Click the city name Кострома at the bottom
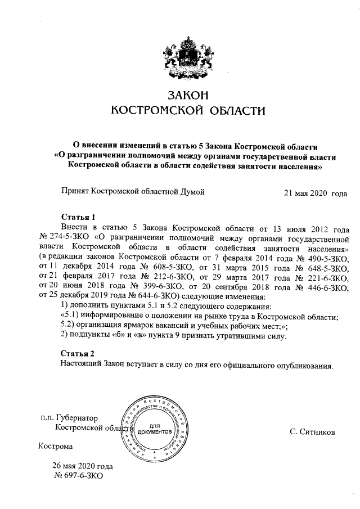click(x=55, y=447)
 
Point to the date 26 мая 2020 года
click(x=83, y=466)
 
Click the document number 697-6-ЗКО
click(x=79, y=476)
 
